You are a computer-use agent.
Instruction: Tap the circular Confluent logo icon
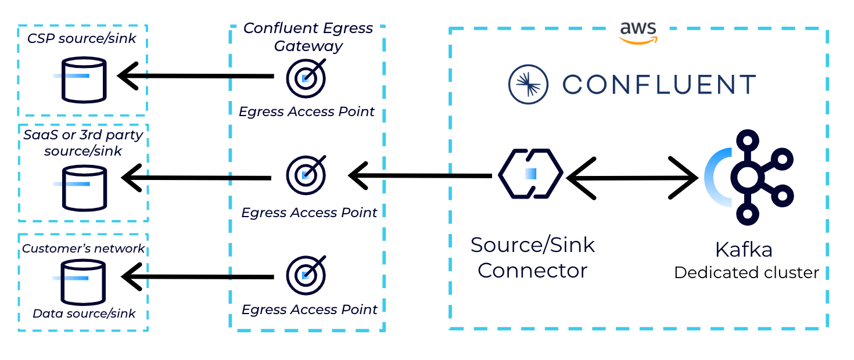click(528, 85)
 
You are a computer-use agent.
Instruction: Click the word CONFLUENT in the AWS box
click(659, 85)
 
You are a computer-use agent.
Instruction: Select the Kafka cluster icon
click(749, 177)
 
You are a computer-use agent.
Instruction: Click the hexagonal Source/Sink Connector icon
click(530, 174)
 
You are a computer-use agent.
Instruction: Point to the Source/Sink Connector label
click(533, 257)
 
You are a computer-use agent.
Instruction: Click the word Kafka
click(744, 250)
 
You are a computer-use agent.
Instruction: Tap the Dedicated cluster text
click(747, 272)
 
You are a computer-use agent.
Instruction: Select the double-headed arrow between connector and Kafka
click(632, 178)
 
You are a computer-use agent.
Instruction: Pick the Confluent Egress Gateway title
click(308, 37)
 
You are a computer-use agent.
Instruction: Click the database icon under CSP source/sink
click(85, 80)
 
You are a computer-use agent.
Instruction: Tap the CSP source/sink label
click(82, 39)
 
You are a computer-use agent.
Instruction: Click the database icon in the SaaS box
click(85, 188)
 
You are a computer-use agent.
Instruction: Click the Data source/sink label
click(84, 314)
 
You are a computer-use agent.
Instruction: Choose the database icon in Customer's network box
click(85, 282)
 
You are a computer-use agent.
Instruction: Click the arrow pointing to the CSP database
click(195, 75)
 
